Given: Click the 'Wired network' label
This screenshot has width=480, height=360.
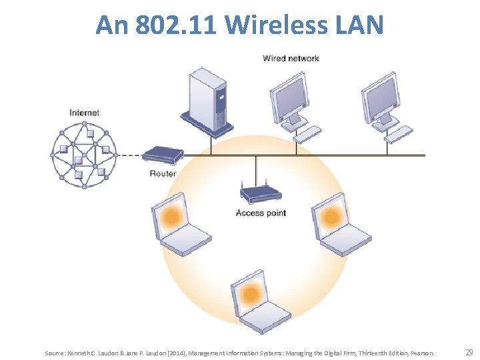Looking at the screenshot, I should pyautogui.click(x=291, y=59).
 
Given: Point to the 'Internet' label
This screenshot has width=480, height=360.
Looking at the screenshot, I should pyautogui.click(x=84, y=113).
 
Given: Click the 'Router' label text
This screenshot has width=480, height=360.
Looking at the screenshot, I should pyautogui.click(x=163, y=174).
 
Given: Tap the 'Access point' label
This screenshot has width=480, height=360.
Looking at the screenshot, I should pyautogui.click(x=261, y=213).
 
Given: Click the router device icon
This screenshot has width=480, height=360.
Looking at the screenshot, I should pyautogui.click(x=163, y=155).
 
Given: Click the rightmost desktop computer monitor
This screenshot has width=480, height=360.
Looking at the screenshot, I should pyautogui.click(x=382, y=102).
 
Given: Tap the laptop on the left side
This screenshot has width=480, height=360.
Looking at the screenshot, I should pyautogui.click(x=178, y=225).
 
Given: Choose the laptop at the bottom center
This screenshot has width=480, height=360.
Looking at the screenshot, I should pyautogui.click(x=257, y=299).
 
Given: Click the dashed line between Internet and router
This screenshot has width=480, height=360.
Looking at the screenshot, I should pyautogui.click(x=130, y=155).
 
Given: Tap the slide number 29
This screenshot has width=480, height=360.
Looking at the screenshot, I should pyautogui.click(x=469, y=352).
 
